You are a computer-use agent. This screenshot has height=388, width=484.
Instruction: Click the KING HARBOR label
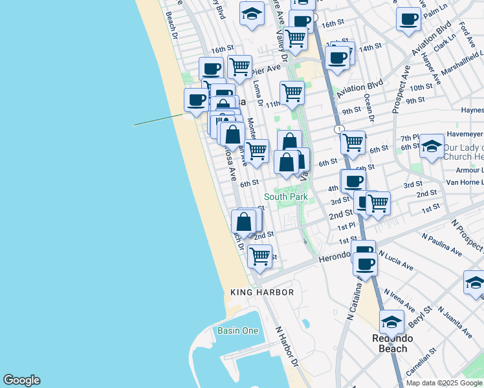coord(262,293)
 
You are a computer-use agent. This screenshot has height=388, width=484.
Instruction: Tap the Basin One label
coord(237,331)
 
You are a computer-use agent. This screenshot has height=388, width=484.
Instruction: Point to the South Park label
coord(285,197)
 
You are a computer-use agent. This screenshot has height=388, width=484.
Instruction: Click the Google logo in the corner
coord(21,380)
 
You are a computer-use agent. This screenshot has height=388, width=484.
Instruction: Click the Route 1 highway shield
coord(338,130)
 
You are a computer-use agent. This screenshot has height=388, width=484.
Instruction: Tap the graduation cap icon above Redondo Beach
coord(391,321)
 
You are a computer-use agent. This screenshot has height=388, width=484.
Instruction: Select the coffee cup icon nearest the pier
coord(197,100)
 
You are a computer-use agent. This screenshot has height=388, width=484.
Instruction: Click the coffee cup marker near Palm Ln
coord(408,19)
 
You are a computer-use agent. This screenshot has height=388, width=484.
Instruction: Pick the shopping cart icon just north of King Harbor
coord(259,255)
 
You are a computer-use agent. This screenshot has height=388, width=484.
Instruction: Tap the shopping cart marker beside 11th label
coord(292,92)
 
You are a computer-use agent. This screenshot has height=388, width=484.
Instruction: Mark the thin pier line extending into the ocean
coord(159,120)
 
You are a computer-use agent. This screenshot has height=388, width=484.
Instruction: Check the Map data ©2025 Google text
coord(445,383)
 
